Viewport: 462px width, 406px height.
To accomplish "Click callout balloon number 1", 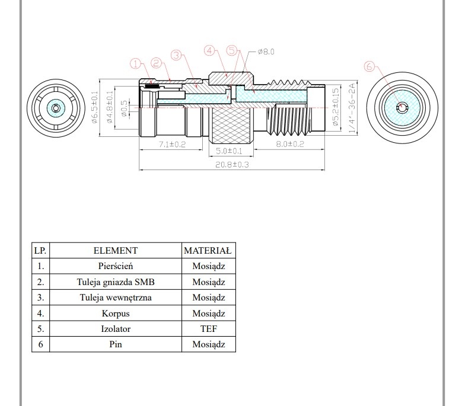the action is point(136,63).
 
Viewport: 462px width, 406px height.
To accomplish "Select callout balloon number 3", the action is point(176,55).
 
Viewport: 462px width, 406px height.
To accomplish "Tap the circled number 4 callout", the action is point(209,50).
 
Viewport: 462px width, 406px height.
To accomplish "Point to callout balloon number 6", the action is point(369,66).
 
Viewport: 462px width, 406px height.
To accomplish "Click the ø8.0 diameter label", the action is point(266,52).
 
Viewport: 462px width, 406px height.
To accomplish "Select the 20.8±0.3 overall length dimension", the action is point(232,165).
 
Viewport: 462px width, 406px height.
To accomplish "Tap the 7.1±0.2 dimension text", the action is point(173,144).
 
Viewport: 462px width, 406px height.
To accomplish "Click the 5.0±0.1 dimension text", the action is point(229,151).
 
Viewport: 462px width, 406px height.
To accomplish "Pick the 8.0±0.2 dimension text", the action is point(289,144).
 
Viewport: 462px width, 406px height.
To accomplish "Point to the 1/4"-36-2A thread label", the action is point(352,108).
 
